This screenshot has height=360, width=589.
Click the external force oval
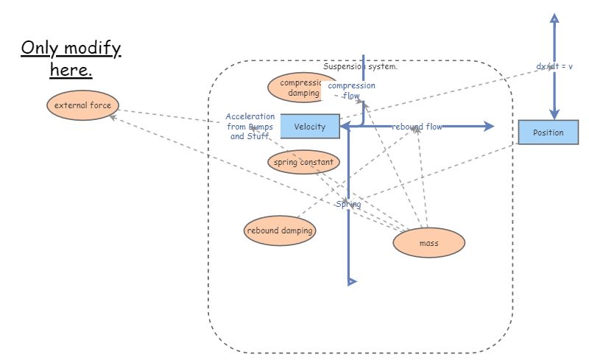[x=82, y=105]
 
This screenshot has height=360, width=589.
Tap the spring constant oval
[x=303, y=162]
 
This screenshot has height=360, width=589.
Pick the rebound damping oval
[x=280, y=230]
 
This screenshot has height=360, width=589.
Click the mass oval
[x=428, y=242]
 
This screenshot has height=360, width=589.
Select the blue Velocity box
[x=309, y=127]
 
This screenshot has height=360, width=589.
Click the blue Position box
[x=548, y=133]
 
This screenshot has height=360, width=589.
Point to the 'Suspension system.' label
[x=361, y=66]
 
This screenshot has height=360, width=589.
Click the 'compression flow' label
[x=351, y=91]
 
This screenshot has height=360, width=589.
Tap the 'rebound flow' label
[x=417, y=127]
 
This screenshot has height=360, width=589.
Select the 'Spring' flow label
[x=348, y=204]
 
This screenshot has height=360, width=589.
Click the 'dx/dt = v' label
[x=554, y=66]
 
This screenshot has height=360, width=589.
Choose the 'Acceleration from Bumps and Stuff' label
[x=250, y=127]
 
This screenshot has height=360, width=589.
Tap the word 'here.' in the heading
[x=71, y=71]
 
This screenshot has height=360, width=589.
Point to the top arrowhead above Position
[x=552, y=17]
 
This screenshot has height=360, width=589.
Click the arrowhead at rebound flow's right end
[x=489, y=127]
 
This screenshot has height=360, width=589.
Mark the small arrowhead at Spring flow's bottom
[x=352, y=280]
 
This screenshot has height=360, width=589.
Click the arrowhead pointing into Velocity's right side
[x=344, y=127]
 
